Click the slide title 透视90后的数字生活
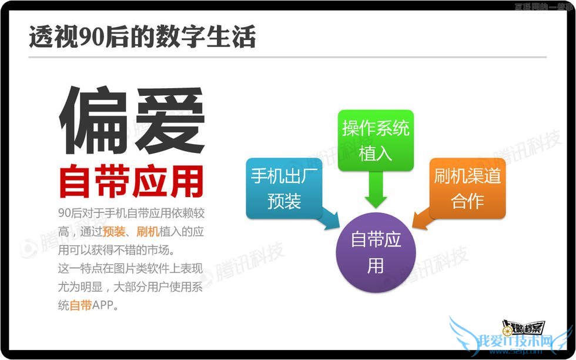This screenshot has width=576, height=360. coord(142,37)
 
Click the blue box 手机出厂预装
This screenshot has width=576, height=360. coord(284,188)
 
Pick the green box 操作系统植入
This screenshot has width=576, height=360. coord(376,140)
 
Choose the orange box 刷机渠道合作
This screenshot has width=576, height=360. coord(467,188)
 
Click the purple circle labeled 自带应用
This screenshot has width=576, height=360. coord(376,252)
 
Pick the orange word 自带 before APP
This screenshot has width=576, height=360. coord(81,306)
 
